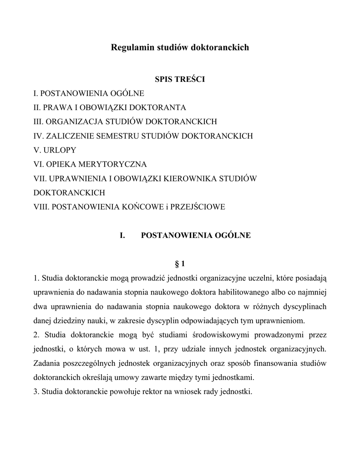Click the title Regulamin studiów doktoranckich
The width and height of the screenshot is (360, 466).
point(180,47)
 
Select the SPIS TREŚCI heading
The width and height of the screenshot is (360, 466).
point(180,80)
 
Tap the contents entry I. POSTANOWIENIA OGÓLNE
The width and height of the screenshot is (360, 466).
point(89,93)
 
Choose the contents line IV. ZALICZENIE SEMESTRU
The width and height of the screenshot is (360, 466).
point(143,136)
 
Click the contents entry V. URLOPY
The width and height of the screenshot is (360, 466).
point(55,150)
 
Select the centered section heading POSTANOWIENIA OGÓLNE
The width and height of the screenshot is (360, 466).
point(196,235)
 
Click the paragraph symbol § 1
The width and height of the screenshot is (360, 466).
point(180,264)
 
